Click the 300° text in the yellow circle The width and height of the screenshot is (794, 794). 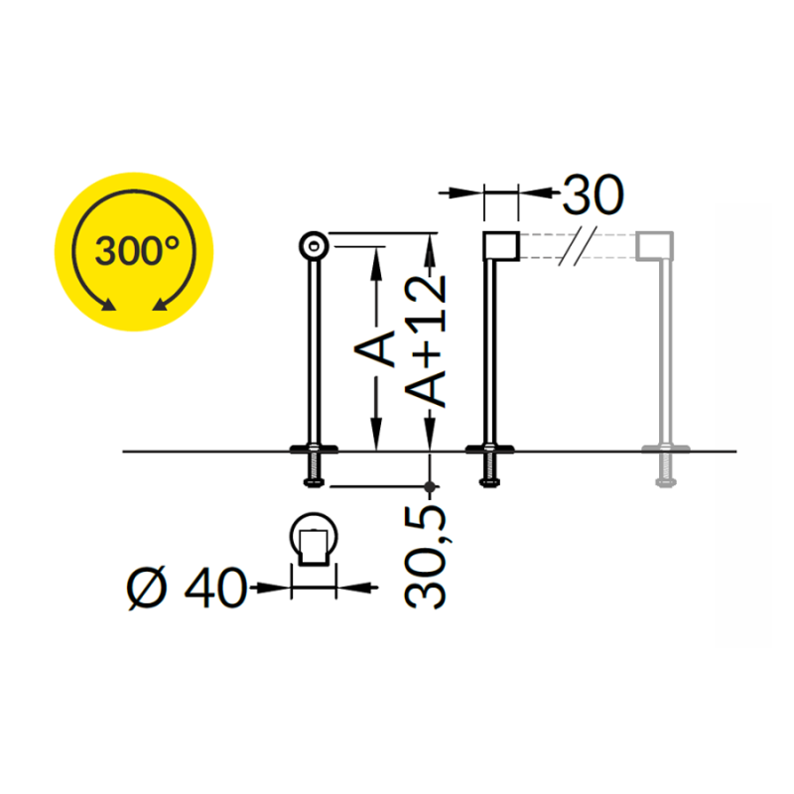click(137, 251)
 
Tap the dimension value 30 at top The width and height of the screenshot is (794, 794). click(593, 195)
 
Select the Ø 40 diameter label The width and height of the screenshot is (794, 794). click(187, 588)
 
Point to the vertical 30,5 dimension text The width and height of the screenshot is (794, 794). click(426, 557)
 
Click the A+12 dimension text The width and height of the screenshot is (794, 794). click(426, 340)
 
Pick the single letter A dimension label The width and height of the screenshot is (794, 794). click(375, 349)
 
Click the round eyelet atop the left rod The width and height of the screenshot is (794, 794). click(314, 246)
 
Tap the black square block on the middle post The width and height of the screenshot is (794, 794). click(501, 246)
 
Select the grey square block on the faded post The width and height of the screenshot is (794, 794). click(655, 246)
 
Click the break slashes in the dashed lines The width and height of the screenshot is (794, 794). click(578, 246)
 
